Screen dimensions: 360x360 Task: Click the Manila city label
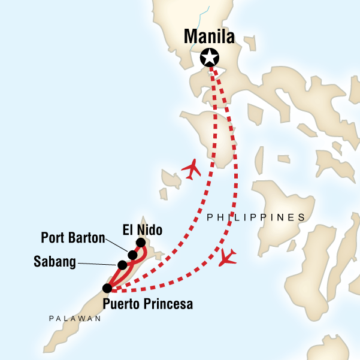(x=209, y=37)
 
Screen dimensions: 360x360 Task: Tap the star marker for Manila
(x=210, y=58)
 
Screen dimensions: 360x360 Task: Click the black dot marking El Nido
(x=140, y=243)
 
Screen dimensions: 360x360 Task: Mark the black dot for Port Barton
(x=132, y=255)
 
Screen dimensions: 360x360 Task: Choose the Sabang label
(x=56, y=262)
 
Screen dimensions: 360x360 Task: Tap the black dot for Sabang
(x=122, y=265)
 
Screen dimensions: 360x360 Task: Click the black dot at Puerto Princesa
(x=107, y=289)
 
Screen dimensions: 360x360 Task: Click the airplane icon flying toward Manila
(x=191, y=170)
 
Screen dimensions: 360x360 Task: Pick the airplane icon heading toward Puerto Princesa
(x=228, y=256)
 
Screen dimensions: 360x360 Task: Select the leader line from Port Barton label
(x=116, y=245)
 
